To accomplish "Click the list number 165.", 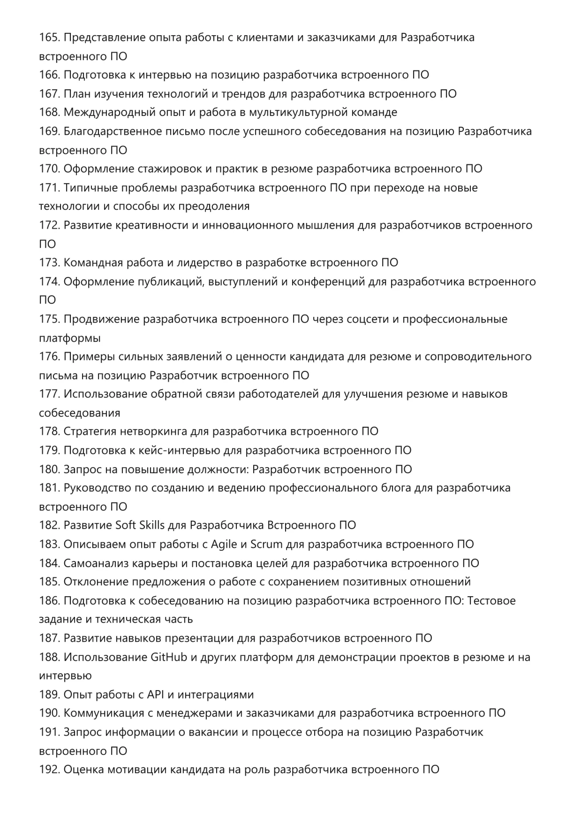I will click(49, 38).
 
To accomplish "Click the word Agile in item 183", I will click(224, 545).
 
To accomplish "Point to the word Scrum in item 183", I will click(266, 544).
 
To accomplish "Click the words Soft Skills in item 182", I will click(140, 525).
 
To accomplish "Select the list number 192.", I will click(49, 769).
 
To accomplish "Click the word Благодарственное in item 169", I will click(113, 131).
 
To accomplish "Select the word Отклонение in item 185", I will click(96, 582).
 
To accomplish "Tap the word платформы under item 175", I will click(70, 338).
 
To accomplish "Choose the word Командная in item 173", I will click(93, 262).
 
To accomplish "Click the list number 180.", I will click(49, 469).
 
